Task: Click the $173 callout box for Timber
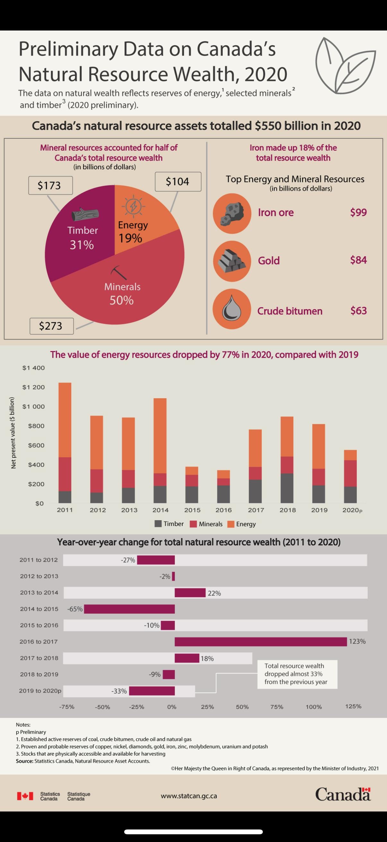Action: [x=50, y=185]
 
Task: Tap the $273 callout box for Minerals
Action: [x=51, y=326]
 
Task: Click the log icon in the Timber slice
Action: [x=85, y=215]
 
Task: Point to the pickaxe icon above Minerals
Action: [x=118, y=273]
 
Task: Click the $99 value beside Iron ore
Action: [x=358, y=213]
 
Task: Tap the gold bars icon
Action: [x=232, y=261]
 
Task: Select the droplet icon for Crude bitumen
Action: [x=232, y=309]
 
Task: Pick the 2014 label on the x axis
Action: [x=160, y=510]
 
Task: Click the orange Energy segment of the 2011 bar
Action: [x=65, y=420]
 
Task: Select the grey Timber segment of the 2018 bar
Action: [x=287, y=488]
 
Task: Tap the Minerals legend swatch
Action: [x=193, y=524]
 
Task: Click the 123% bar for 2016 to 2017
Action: [x=261, y=642]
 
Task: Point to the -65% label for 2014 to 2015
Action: [x=75, y=609]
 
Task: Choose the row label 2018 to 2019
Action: [x=39, y=674]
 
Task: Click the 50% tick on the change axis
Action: [x=242, y=707]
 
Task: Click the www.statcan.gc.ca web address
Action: [x=189, y=796]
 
